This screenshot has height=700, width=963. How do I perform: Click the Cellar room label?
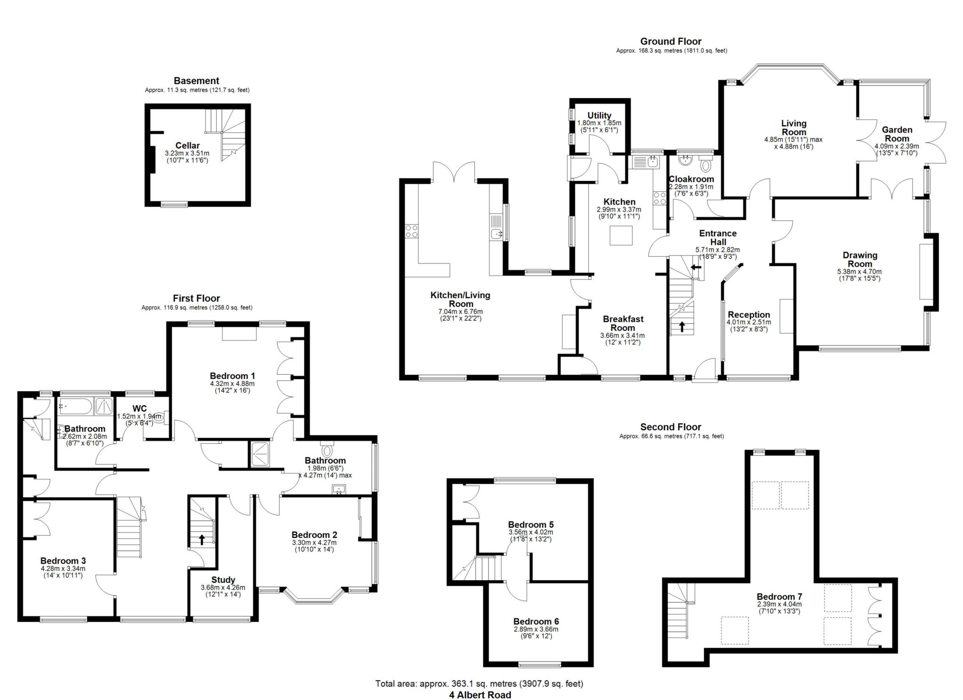[187, 146]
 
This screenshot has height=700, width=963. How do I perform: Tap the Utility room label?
[599, 116]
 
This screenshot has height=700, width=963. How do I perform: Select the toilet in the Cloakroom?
[705, 165]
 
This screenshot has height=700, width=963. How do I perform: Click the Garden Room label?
[897, 134]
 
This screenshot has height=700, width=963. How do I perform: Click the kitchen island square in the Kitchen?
[621, 235]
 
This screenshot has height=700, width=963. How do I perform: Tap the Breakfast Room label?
[623, 323]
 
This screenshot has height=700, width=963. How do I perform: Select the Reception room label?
[749, 315]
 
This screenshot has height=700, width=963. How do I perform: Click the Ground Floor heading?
[671, 41]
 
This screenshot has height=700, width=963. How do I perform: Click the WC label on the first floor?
[140, 408]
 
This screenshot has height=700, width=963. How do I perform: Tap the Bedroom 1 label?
[232, 376]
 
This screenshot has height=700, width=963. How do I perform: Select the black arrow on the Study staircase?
[202, 539]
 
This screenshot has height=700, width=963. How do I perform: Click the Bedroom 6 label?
[536, 621]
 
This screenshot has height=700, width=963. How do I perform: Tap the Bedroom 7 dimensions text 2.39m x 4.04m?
[779, 605]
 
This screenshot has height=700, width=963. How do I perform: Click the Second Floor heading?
[671, 427]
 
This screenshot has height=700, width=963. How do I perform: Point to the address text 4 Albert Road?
[479, 695]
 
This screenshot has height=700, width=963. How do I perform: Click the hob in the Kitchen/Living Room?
[412, 231]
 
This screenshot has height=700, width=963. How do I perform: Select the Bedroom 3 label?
[63, 560]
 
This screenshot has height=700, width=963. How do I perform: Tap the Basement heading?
[196, 81]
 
